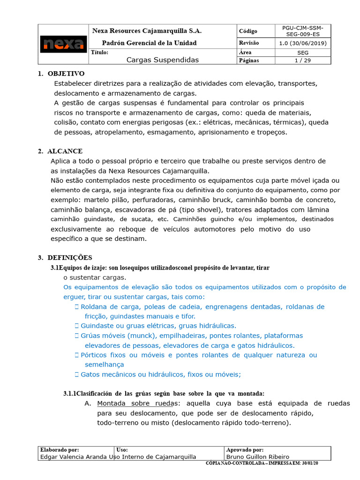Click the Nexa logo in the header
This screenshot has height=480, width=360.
[x=63, y=44]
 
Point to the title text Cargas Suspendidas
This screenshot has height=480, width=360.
[x=163, y=60]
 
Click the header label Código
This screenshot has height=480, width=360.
[x=248, y=31]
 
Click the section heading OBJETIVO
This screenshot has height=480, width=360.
[x=66, y=74]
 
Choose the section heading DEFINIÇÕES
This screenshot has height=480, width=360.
[x=70, y=257]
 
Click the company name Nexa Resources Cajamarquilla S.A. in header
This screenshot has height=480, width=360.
[x=147, y=31]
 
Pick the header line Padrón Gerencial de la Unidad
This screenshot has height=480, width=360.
[x=149, y=43]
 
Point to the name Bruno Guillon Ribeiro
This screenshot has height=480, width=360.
[x=257, y=457]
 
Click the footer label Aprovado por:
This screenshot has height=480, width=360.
[x=245, y=450]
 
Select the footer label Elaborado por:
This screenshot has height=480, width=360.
[x=60, y=450]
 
